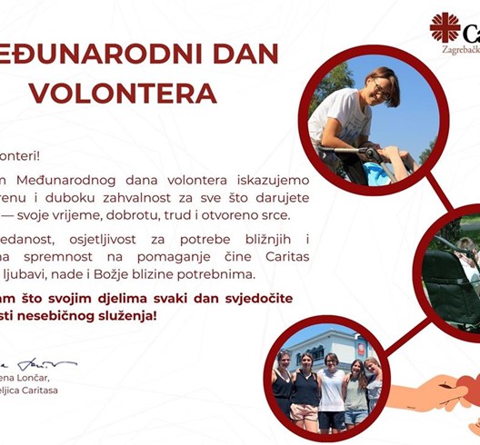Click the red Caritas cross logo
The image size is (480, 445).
(445, 27)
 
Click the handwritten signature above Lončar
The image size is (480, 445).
(41, 363)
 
